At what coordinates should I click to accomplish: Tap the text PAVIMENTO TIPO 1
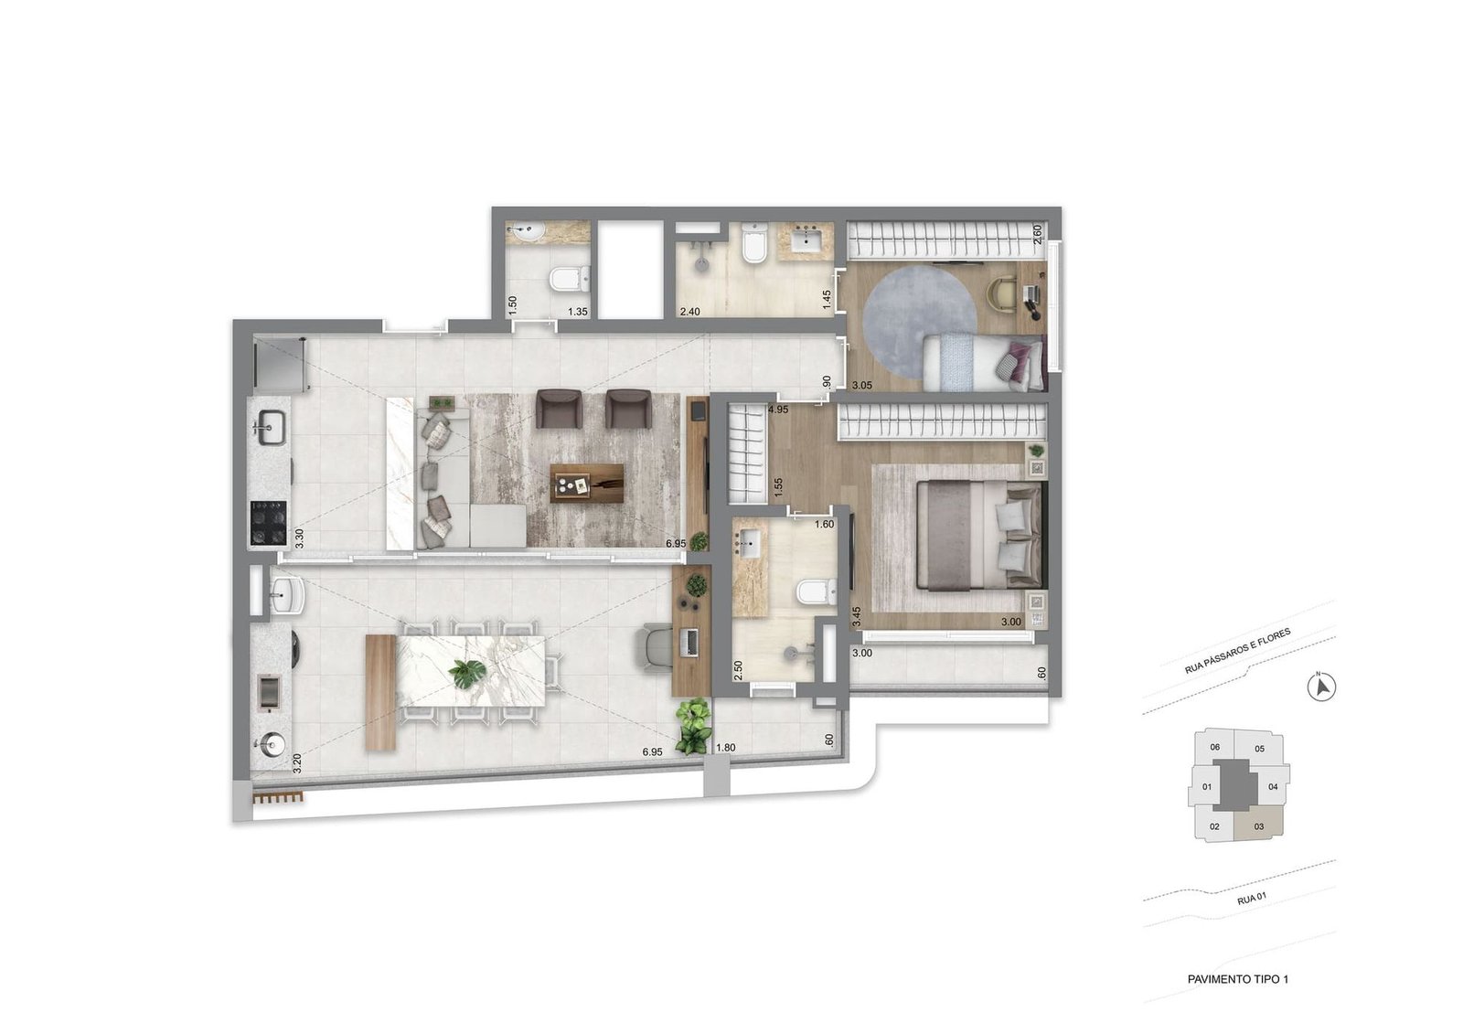coord(1237,979)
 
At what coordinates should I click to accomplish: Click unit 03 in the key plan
coord(1259,826)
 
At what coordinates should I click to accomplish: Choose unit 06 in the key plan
coord(1214,747)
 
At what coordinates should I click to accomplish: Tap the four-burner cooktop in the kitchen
coord(269,523)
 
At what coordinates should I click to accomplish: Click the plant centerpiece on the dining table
coord(469,674)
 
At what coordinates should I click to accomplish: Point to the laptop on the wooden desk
coord(689,642)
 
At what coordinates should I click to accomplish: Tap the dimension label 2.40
coord(689,312)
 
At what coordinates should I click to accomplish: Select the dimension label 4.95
coord(778,410)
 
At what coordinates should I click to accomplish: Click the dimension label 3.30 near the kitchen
coord(299,537)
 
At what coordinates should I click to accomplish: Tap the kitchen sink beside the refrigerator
coord(271,425)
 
